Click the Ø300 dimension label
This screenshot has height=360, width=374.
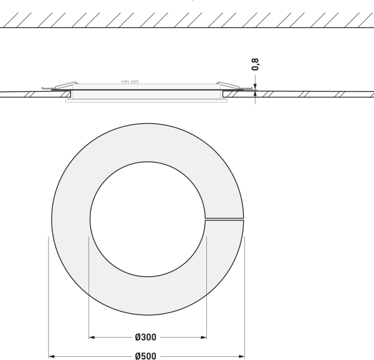[x=145, y=337]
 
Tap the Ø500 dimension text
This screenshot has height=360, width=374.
[x=145, y=356]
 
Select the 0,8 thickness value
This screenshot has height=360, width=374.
[x=255, y=64]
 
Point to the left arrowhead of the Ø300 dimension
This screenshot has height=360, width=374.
[x=92, y=337]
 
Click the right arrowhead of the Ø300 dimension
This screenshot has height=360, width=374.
[x=203, y=337]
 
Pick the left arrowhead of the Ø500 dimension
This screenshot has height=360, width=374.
[x=52, y=356]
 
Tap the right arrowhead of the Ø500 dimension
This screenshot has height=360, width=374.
[x=242, y=356]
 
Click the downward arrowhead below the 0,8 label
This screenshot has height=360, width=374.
[x=255, y=87]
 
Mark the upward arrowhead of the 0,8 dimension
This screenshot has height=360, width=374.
[x=255, y=94]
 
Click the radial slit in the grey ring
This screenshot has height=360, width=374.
[x=224, y=219]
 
